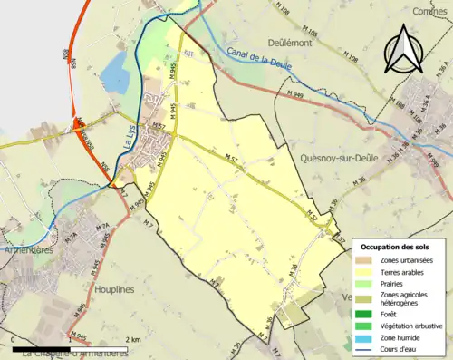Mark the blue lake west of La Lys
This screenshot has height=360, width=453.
click(x=115, y=73)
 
